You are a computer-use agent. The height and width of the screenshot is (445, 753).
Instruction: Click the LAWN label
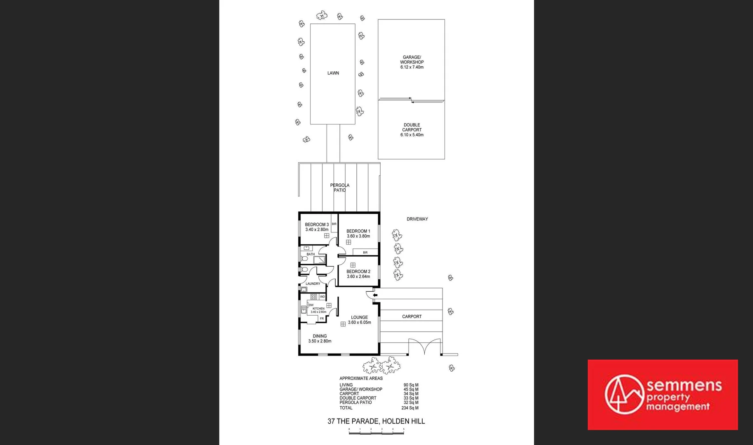[x=333, y=73]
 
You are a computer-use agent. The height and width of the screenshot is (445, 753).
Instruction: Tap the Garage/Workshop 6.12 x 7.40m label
[x=412, y=62]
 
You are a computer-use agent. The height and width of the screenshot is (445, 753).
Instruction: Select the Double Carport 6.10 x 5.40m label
[x=412, y=130]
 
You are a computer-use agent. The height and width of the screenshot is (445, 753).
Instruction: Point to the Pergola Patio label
[x=340, y=188]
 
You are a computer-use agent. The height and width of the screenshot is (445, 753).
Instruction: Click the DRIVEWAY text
[x=417, y=219]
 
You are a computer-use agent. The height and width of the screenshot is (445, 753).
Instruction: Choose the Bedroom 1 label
[x=358, y=234]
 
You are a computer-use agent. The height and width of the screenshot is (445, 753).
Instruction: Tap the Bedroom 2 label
[x=358, y=274]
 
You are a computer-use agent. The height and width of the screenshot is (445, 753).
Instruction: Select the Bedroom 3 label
[x=317, y=227]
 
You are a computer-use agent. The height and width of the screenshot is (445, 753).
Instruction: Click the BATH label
[x=311, y=254]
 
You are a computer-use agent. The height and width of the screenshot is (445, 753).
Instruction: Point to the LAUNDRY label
[x=313, y=284]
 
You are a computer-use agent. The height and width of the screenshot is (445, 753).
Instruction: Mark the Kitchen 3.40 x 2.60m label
[x=318, y=310]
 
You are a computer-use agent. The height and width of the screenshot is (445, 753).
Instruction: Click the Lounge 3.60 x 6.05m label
[x=359, y=320]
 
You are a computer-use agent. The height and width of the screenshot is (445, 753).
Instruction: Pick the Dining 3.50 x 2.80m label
[x=320, y=339]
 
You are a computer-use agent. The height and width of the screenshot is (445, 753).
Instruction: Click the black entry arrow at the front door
[x=375, y=295]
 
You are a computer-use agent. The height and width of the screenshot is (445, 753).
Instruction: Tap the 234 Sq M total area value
[x=410, y=408]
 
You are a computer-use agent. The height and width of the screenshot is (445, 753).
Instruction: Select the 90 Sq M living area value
[x=411, y=385]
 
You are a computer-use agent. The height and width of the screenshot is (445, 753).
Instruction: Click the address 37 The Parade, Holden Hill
[x=376, y=421]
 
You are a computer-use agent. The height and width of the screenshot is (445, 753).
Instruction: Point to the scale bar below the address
[x=376, y=431]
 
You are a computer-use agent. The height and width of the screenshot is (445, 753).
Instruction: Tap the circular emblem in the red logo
[x=624, y=394]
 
